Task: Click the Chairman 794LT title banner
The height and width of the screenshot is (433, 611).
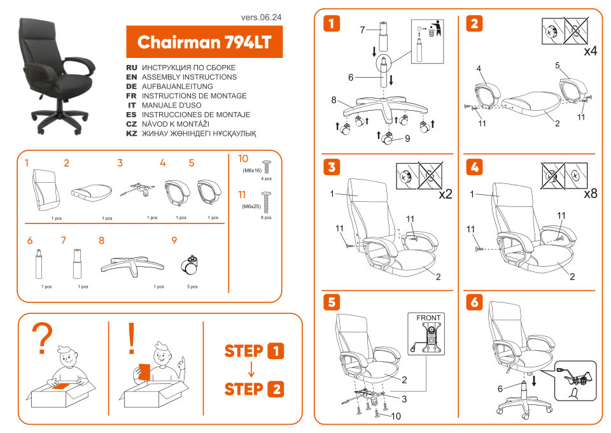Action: click(x=204, y=42)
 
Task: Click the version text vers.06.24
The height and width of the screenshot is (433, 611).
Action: click(x=261, y=17)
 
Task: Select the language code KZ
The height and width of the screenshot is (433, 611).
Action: click(x=132, y=134)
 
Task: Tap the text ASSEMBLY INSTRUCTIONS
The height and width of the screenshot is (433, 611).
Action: click(x=189, y=77)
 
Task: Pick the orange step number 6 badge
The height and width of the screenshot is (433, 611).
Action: click(x=474, y=302)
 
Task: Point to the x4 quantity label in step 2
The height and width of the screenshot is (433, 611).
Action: click(x=589, y=51)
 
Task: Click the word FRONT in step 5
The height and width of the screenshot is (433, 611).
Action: click(x=428, y=318)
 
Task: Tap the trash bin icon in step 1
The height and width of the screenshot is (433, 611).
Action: click(x=437, y=29)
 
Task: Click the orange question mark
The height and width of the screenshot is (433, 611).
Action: click(x=43, y=339)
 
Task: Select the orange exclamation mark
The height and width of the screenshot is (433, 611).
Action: click(x=132, y=338)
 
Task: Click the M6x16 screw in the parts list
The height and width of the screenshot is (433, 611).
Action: click(x=266, y=167)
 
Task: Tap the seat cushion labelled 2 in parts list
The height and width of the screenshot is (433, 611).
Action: click(x=91, y=190)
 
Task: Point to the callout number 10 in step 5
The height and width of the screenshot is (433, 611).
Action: click(x=396, y=416)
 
